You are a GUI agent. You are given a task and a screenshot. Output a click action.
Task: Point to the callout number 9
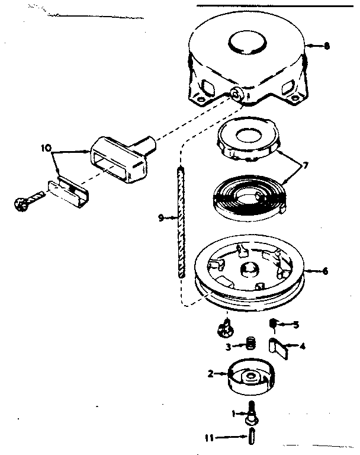161,218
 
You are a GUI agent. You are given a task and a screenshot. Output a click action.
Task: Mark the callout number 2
210,373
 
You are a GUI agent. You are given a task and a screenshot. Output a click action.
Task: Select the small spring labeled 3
250,343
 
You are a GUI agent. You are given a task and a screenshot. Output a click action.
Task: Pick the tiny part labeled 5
275,323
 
